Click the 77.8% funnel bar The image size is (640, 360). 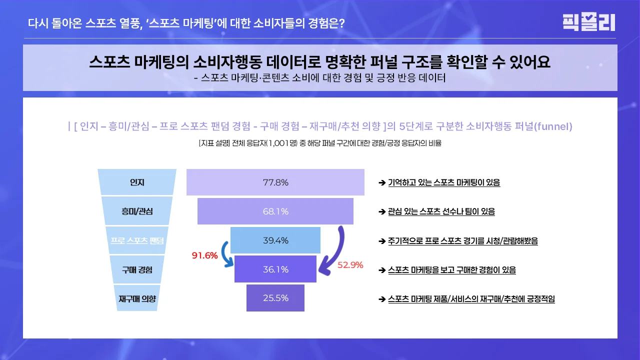pyautogui.click(x=275, y=182)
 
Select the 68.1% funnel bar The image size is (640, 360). pyautogui.click(x=275, y=211)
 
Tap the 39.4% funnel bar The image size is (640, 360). pyautogui.click(x=275, y=240)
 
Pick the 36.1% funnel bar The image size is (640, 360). pyautogui.click(x=275, y=269)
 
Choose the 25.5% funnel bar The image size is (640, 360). pyautogui.click(x=275, y=298)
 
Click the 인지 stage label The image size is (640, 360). pyautogui.click(x=137, y=182)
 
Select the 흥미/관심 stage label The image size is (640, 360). pyautogui.click(x=137, y=211)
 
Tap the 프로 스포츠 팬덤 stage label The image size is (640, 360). pyautogui.click(x=137, y=240)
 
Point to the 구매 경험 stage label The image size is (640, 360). pyautogui.click(x=137, y=269)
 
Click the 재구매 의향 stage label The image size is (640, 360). pyautogui.click(x=137, y=298)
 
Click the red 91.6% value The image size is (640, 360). pyautogui.click(x=205, y=255)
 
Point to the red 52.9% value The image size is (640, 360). pyautogui.click(x=350, y=265)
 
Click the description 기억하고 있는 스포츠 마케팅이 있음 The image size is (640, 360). pyautogui.click(x=444, y=182)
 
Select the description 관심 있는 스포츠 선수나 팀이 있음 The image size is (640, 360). pyautogui.click(x=441, y=211)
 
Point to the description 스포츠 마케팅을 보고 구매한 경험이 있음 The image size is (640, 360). pyautogui.click(x=451, y=270)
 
